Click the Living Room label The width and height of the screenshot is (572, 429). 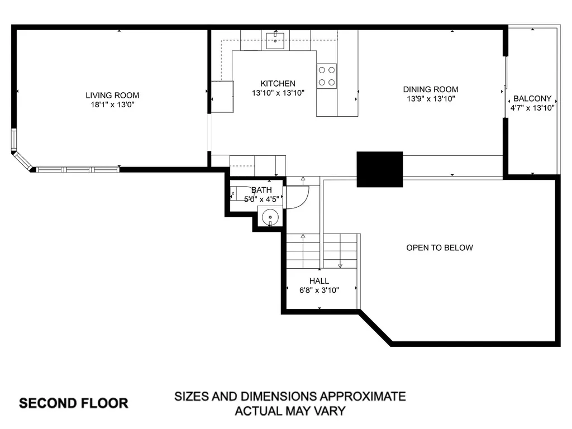pyautogui.click(x=112, y=96)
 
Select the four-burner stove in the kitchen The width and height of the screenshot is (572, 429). pyautogui.click(x=327, y=76)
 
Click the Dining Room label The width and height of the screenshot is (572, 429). pyautogui.click(x=431, y=89)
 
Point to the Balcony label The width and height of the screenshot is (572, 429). pyautogui.click(x=532, y=98)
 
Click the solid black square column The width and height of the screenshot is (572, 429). pyautogui.click(x=380, y=169)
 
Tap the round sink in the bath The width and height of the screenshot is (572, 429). pyautogui.click(x=270, y=216)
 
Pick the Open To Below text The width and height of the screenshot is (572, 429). pyautogui.click(x=439, y=247)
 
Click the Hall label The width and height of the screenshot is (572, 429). pyautogui.click(x=319, y=281)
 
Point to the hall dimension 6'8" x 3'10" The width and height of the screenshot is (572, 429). pyautogui.click(x=320, y=290)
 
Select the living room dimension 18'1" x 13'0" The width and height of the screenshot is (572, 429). pyautogui.click(x=112, y=104)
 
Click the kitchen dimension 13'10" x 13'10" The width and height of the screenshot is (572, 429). pyautogui.click(x=278, y=93)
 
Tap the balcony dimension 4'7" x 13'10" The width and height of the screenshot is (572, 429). pyautogui.click(x=532, y=108)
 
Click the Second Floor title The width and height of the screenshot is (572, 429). pyautogui.click(x=74, y=403)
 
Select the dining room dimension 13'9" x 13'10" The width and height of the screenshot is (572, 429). pyautogui.click(x=431, y=99)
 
